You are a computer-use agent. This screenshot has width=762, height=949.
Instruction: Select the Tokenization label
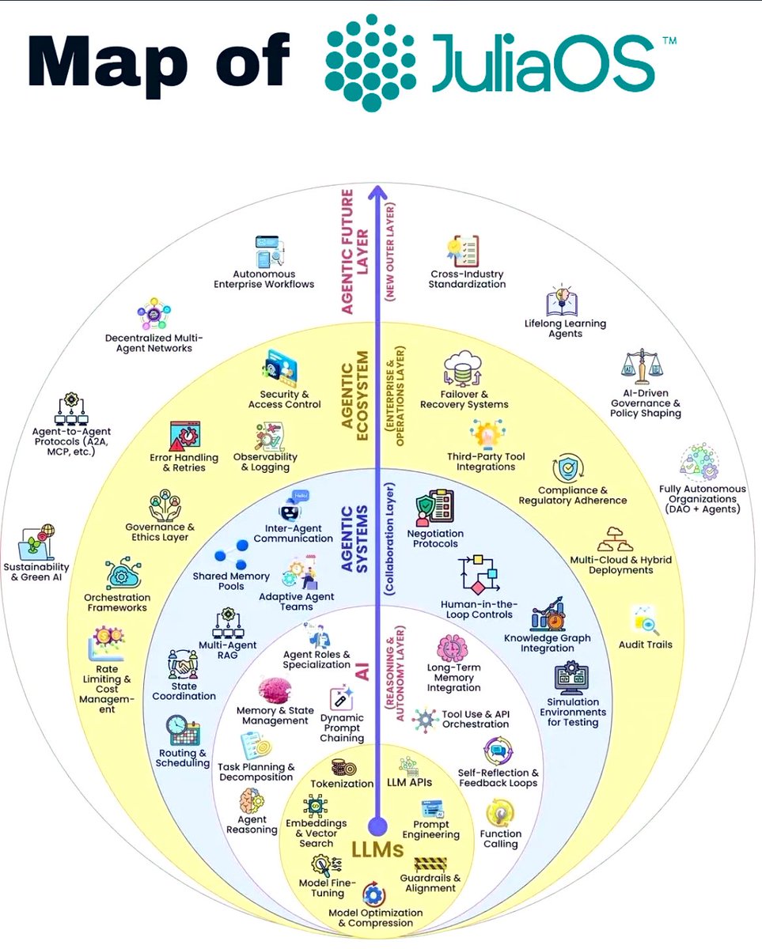click(x=342, y=784)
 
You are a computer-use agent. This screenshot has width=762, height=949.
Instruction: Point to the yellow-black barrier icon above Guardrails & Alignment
click(x=430, y=864)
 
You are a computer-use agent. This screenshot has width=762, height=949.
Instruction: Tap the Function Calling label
click(x=500, y=838)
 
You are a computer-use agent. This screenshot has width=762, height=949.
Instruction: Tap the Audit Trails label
click(x=646, y=645)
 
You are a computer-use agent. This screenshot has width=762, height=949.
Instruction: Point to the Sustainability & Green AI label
click(x=36, y=573)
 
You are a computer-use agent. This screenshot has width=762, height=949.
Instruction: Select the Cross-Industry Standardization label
click(x=467, y=278)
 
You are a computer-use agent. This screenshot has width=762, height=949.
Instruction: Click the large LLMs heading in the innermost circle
click(x=378, y=851)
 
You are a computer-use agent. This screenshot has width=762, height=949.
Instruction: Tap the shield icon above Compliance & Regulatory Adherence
click(x=568, y=469)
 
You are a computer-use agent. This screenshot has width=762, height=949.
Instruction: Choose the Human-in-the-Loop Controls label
click(x=476, y=609)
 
